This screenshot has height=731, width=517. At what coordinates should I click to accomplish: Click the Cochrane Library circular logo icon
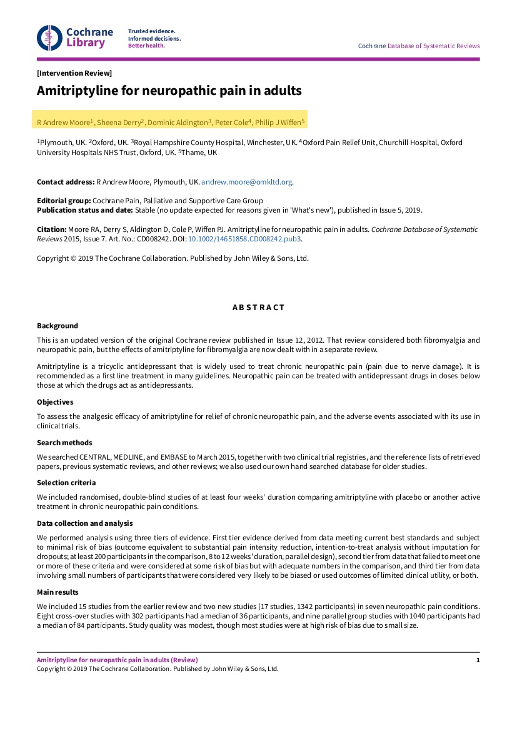[49, 38]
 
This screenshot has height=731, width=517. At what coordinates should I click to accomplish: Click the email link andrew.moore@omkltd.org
[246, 182]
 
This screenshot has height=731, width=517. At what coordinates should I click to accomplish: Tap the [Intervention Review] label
[74, 73]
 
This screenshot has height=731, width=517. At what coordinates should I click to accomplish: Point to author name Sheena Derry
[119, 123]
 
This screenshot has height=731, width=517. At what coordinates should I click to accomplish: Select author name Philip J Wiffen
[279, 123]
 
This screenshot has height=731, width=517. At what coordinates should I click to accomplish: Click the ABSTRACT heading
[258, 308]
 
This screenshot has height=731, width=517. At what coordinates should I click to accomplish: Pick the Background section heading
[58, 326]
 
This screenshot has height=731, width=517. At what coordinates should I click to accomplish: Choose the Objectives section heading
[55, 402]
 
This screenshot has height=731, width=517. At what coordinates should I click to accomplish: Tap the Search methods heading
[64, 442]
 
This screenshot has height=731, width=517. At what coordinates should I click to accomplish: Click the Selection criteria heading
[66, 483]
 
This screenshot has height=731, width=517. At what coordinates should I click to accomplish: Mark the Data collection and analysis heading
[84, 523]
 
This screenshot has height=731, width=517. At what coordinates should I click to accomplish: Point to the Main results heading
[58, 592]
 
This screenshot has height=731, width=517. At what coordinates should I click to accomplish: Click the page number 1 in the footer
[478, 660]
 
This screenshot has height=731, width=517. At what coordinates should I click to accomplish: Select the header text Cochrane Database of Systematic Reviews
[418, 46]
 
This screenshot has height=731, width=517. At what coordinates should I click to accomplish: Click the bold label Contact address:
[65, 182]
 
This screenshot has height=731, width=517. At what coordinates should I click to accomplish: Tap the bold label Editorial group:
[64, 201]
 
